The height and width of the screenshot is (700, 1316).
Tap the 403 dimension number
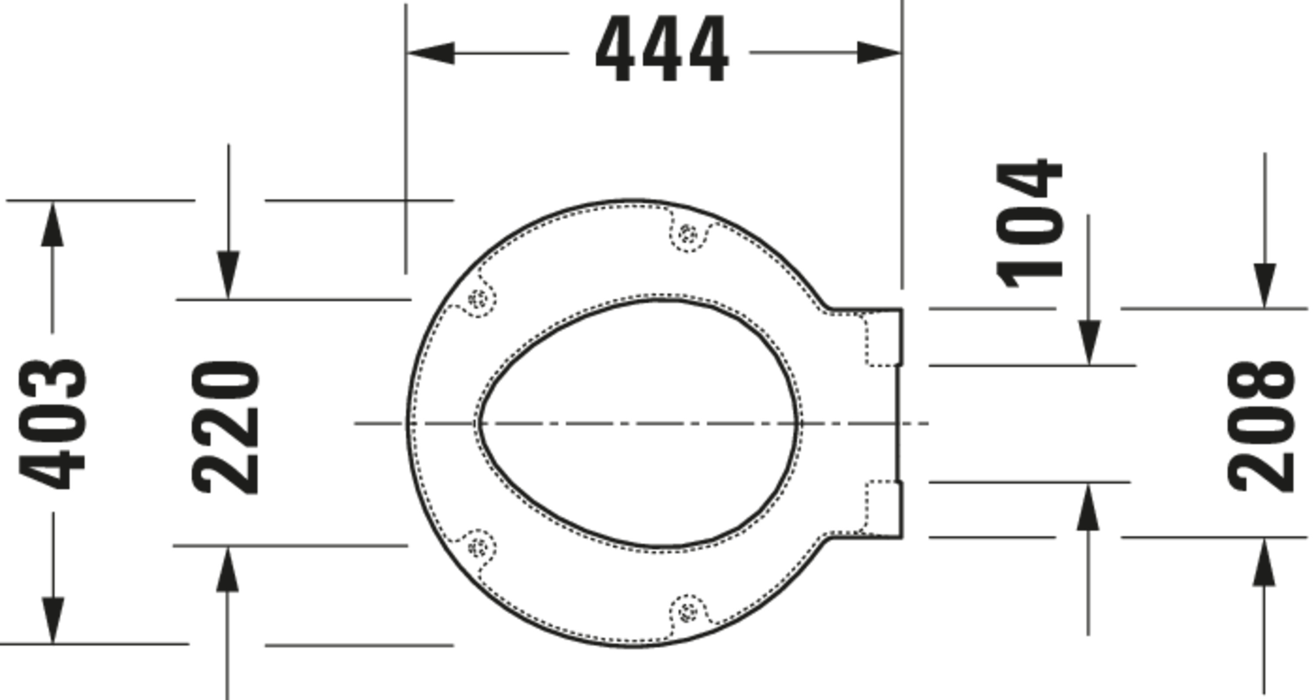[x=52, y=424]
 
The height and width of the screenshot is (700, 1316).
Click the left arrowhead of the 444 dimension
[x=431, y=53]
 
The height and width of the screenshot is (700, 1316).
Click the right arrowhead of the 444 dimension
[x=879, y=53]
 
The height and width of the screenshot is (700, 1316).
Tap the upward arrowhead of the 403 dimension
[x=53, y=224]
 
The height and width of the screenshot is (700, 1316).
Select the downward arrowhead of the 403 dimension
[x=53, y=620]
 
